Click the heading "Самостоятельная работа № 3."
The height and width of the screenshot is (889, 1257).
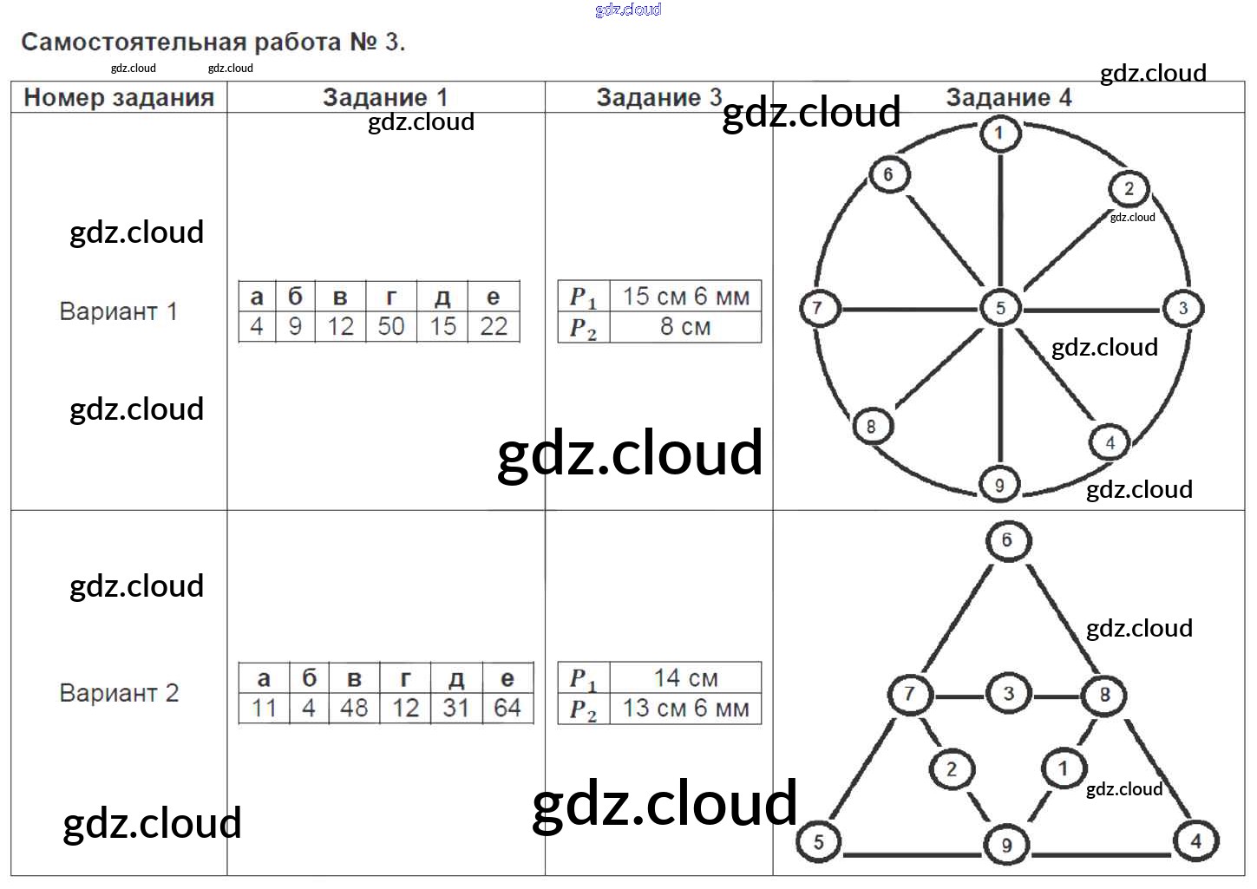click(213, 42)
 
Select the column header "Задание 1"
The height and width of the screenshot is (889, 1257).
click(384, 97)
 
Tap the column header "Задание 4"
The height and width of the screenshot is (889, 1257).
click(1008, 97)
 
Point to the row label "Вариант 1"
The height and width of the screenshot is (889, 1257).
click(118, 311)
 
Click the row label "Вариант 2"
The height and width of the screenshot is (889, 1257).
click(119, 693)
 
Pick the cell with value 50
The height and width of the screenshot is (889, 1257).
click(391, 327)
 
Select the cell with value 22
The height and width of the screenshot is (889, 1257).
click(494, 327)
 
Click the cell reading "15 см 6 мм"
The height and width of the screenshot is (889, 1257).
click(685, 297)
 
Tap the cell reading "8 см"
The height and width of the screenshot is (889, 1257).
click(685, 327)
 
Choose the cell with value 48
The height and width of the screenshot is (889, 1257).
click(354, 708)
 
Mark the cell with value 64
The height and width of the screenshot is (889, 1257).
click(507, 708)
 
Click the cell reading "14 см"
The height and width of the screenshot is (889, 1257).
click(685, 677)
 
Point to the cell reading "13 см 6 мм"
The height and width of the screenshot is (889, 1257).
click(685, 708)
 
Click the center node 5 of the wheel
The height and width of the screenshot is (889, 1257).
click(1000, 308)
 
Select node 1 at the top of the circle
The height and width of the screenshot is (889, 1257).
click(999, 133)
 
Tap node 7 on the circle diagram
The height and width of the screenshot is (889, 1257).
click(817, 307)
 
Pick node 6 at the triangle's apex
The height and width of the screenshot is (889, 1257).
click(1007, 540)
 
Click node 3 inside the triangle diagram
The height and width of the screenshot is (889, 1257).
click(1008, 694)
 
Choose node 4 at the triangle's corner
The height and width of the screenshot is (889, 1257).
click(1195, 840)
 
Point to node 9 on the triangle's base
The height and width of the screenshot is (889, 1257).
click(1006, 846)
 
